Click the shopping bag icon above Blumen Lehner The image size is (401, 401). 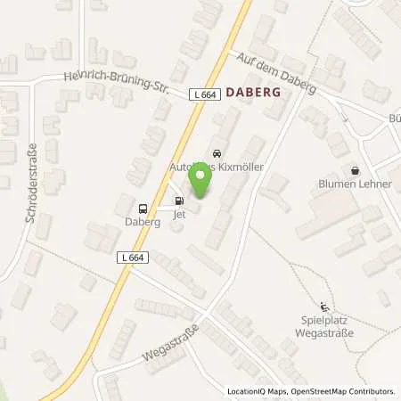pyautogui.click(x=356, y=169)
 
